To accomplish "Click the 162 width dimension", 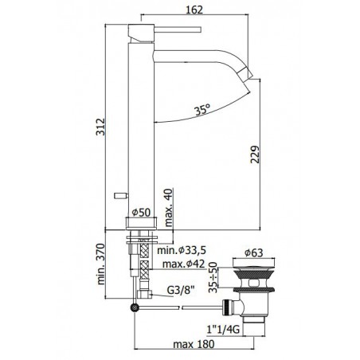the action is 194,10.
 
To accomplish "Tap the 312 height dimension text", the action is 100,127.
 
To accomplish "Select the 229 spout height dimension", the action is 255,155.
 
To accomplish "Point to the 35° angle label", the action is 202,109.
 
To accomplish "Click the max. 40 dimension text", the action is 168,207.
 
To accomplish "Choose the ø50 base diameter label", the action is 141,213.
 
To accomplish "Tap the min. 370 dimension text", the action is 101,264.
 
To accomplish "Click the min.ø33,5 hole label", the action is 182,250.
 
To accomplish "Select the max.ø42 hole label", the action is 184,264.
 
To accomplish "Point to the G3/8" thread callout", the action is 182,290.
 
